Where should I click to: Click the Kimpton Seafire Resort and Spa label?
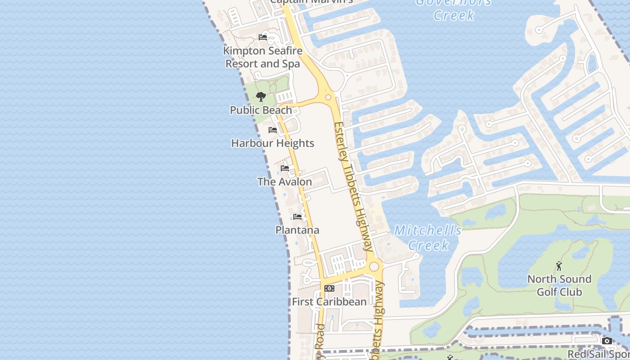click(263, 57)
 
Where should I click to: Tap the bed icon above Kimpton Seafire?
click(263, 37)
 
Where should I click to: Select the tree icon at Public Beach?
click(261, 96)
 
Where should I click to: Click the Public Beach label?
click(261, 110)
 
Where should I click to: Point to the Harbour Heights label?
click(273, 143)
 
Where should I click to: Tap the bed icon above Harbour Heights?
click(273, 130)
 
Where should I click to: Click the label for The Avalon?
click(285, 182)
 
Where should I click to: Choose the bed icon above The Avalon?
click(285, 168)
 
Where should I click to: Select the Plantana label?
click(297, 230)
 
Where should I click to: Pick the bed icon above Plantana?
click(297, 217)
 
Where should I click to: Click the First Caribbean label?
click(329, 301)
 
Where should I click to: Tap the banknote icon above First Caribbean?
click(329, 288)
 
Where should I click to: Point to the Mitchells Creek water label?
click(428, 238)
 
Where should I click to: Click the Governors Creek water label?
click(454, 9)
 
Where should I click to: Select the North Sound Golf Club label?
click(559, 285)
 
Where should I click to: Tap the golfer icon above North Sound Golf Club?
click(559, 266)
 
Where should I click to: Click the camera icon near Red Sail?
click(607, 341)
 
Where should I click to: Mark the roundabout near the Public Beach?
click(328, 97)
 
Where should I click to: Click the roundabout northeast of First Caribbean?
click(374, 267)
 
